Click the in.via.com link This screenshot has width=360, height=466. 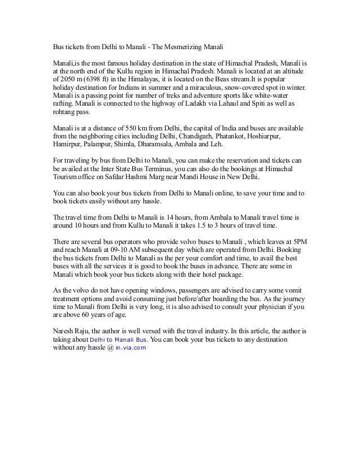[x=130, y=349]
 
